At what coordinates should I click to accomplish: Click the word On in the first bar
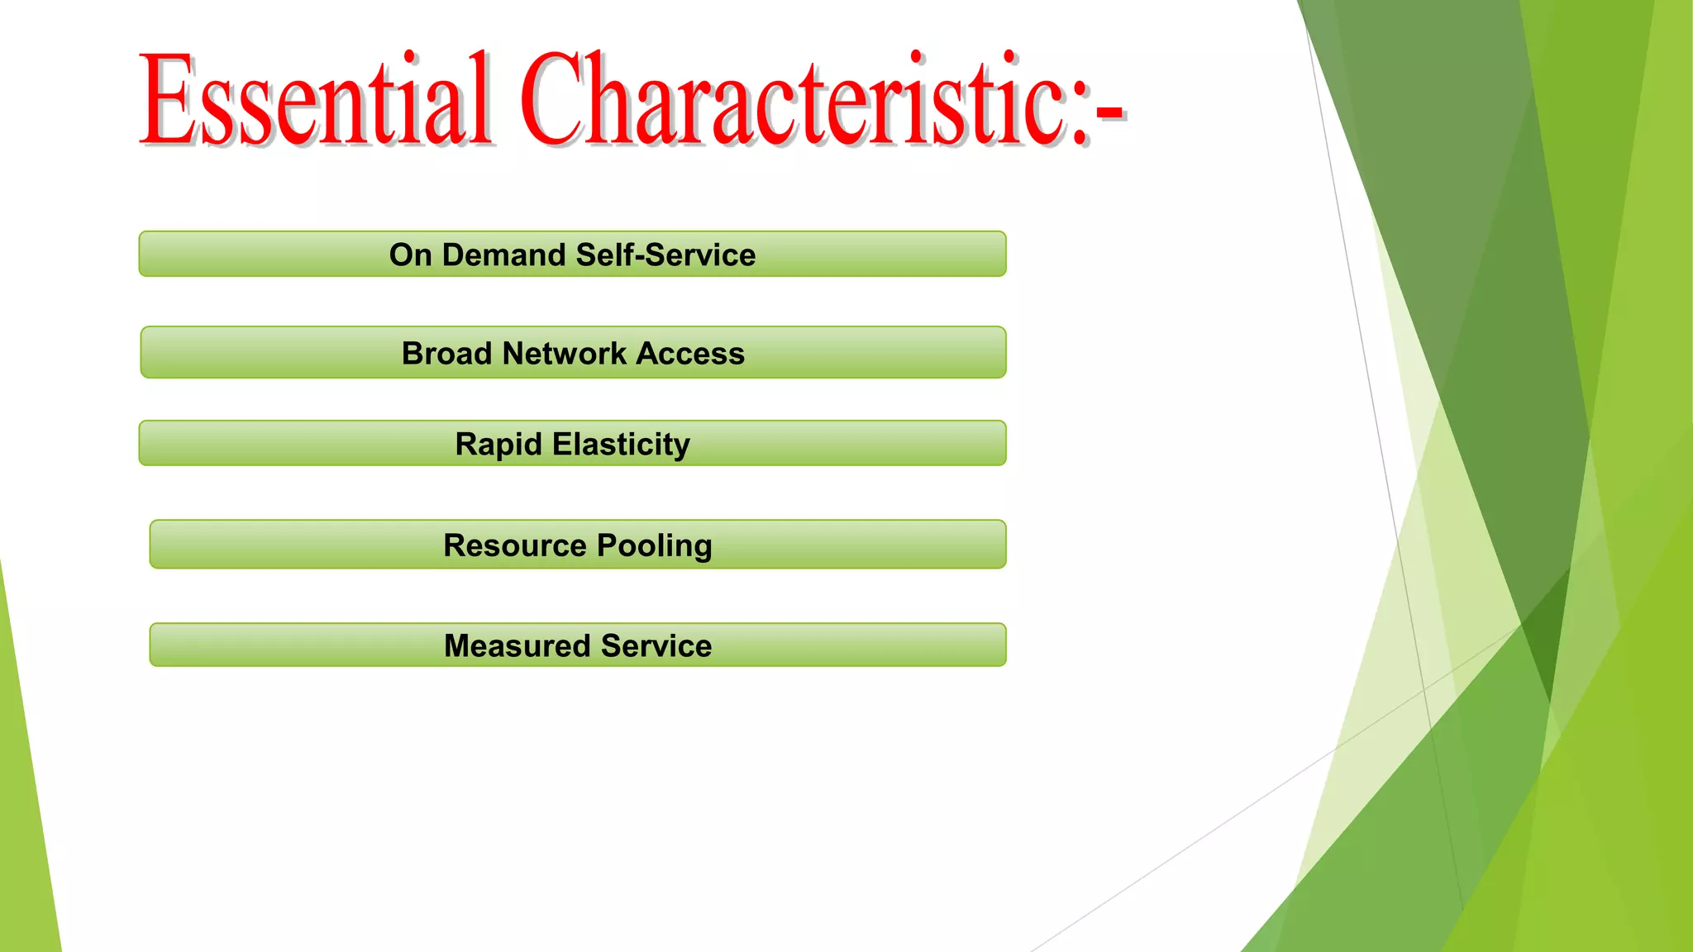pyautogui.click(x=411, y=255)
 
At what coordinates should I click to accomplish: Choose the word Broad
pyautogui.click(x=446, y=353)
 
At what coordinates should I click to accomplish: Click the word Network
pyautogui.click(x=565, y=353)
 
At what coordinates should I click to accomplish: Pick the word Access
pyautogui.click(x=690, y=353)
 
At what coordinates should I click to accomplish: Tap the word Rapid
pyautogui.click(x=498, y=444)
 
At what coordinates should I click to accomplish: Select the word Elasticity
pyautogui.click(x=621, y=444)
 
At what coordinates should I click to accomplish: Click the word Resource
pyautogui.click(x=515, y=545)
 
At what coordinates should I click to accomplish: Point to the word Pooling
pyautogui.click(x=654, y=545)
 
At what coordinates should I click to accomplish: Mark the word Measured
pyautogui.click(x=517, y=645)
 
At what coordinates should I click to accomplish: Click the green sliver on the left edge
pyautogui.click(x=25, y=826)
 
